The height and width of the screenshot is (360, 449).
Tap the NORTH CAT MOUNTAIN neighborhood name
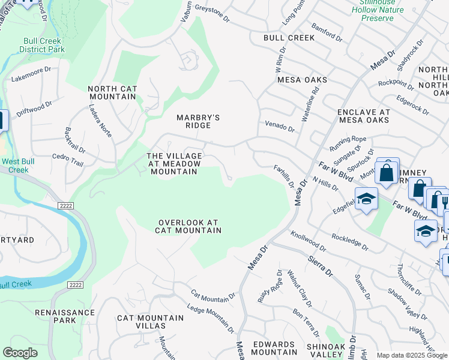(112, 93)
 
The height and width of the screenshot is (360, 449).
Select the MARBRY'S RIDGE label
(193, 121)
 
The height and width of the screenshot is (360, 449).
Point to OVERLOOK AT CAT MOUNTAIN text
(188, 226)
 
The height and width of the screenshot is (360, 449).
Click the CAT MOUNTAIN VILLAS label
(141, 321)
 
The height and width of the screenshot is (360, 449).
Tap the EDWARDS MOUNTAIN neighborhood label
(274, 348)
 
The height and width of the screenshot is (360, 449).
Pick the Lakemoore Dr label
(31, 78)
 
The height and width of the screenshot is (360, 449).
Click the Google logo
(20, 353)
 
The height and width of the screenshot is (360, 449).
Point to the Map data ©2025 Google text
(411, 355)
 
